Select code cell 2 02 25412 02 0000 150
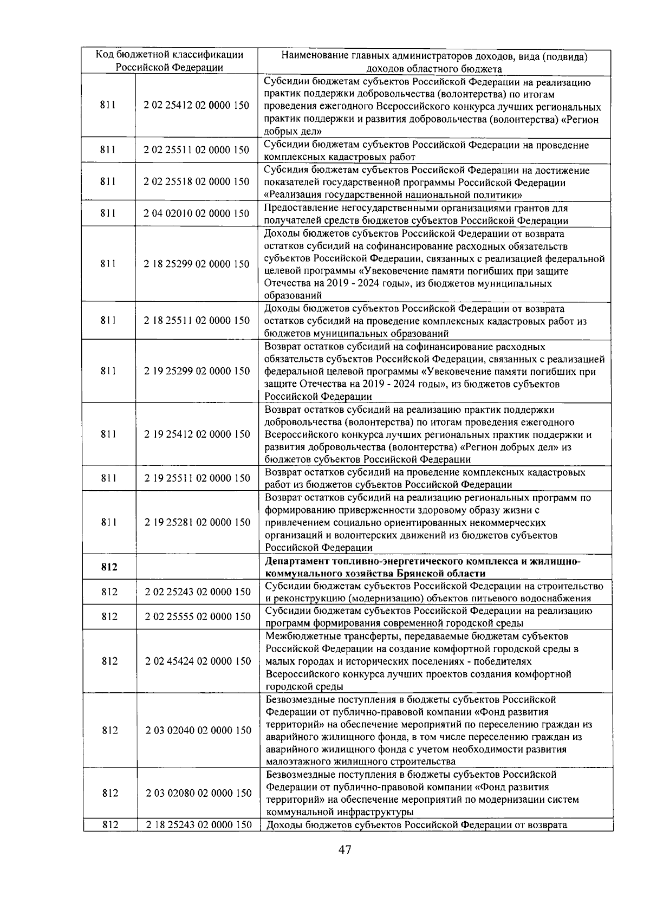(x=197, y=106)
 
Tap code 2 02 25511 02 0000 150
(x=197, y=150)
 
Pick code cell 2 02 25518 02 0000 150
(x=197, y=181)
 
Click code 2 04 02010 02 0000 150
(x=197, y=213)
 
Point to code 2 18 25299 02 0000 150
(x=197, y=264)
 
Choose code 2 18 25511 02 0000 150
(x=197, y=320)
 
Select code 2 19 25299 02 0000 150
(x=197, y=371)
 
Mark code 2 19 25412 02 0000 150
(x=197, y=434)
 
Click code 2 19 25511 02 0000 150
(x=197, y=478)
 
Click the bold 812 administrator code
(x=109, y=567)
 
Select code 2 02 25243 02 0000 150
(x=198, y=592)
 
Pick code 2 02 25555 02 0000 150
(x=198, y=616)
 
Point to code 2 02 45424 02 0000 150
(x=198, y=661)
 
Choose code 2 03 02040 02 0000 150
(x=198, y=730)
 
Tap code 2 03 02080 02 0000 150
(x=198, y=793)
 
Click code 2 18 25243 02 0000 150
(x=198, y=825)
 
